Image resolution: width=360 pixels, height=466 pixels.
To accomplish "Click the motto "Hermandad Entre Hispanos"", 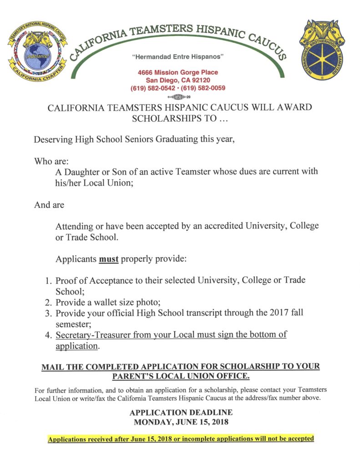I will coord(178,57).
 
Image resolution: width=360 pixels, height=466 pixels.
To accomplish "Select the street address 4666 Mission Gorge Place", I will coord(178,72).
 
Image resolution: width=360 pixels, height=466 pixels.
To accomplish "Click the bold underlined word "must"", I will coord(109,259).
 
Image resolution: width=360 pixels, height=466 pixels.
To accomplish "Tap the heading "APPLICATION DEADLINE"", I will coord(181,412).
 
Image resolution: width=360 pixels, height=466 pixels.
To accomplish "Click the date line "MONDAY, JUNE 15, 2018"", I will coord(181,422).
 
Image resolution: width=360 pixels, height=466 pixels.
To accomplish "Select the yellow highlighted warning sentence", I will coord(181,439).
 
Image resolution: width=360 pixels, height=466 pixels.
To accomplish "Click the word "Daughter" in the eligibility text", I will coord(86,172).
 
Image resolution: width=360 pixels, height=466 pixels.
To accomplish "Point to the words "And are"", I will coord(49,205).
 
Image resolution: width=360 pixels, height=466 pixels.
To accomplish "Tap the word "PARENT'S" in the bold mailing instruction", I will coord(135,376).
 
